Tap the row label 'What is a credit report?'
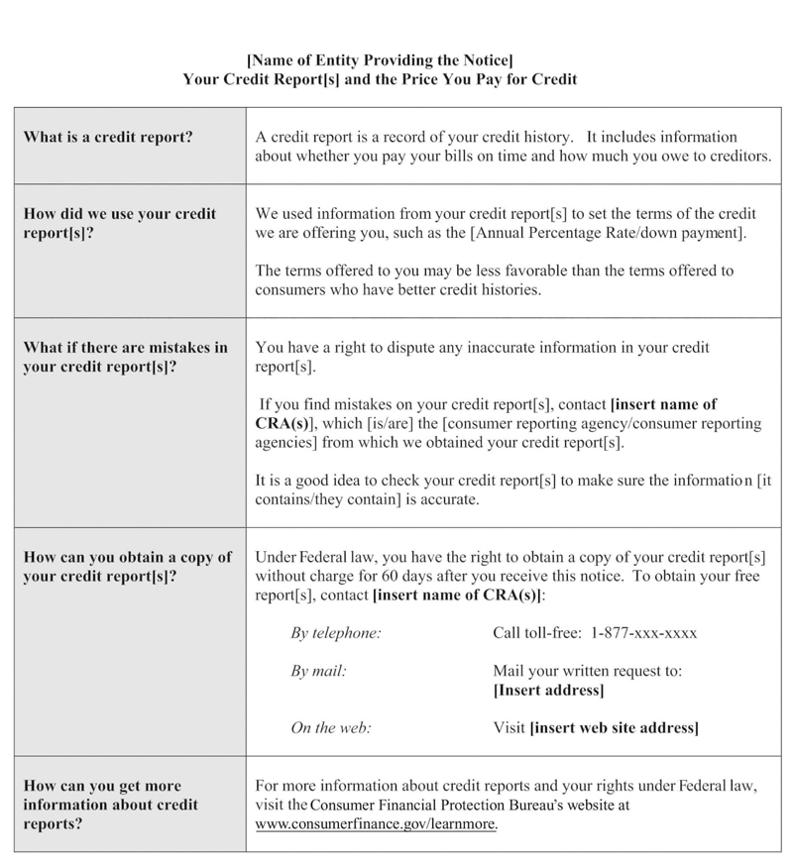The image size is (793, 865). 107,137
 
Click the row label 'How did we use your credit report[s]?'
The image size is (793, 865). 119,223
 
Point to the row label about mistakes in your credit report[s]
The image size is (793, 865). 125,357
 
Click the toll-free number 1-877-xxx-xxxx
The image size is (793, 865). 648,632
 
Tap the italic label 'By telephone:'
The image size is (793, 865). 336,632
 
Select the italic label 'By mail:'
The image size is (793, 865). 318,671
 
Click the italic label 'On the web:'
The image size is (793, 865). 331,728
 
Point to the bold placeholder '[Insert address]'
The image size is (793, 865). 548,690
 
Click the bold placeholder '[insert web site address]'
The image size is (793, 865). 615,728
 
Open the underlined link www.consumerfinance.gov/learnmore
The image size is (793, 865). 377,823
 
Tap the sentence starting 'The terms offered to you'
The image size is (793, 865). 494,280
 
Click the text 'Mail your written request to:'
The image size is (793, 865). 587,671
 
